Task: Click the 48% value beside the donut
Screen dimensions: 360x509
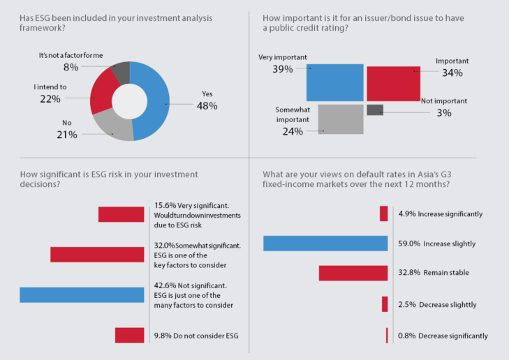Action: (208, 106)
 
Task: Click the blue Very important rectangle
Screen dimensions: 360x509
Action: (334, 83)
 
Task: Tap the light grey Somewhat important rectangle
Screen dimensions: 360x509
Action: (340, 119)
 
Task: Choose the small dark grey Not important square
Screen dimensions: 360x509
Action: (375, 110)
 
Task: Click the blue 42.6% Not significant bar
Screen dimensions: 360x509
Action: (82, 294)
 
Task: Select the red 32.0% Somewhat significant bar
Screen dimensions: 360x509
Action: (97, 255)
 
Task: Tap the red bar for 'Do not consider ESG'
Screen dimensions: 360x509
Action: (129, 336)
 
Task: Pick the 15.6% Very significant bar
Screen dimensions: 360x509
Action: (121, 214)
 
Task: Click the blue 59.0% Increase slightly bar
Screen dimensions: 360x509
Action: (325, 243)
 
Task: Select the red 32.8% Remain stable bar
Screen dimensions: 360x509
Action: (353, 273)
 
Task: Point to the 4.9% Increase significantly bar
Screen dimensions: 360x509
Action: (383, 213)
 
